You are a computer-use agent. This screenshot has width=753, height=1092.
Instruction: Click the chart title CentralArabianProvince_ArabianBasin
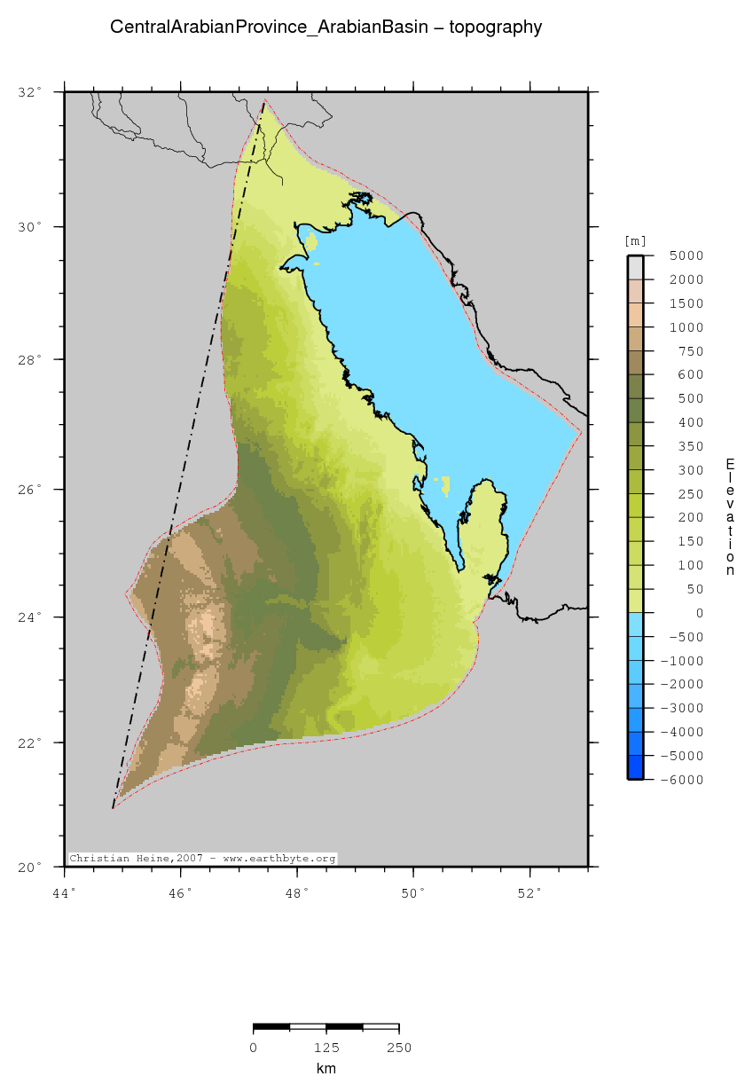326,27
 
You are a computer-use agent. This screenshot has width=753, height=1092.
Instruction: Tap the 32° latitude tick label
31,92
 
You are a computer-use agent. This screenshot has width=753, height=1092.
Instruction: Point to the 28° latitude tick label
31,359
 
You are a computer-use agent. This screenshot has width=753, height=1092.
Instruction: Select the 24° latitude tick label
31,617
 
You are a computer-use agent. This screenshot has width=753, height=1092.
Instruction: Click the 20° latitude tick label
31,867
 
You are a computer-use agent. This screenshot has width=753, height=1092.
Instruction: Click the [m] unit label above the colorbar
635,241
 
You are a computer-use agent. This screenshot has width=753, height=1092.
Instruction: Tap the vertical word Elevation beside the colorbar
730,517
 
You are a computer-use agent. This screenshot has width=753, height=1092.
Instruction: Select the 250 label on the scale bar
399,1049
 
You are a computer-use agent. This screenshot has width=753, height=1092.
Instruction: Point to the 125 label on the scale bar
326,1049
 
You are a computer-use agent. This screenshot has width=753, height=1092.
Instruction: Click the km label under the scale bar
326,1069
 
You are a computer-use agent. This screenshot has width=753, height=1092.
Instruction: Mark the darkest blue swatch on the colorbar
635,767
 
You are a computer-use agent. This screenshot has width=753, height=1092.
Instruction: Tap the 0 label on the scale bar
254,1049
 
